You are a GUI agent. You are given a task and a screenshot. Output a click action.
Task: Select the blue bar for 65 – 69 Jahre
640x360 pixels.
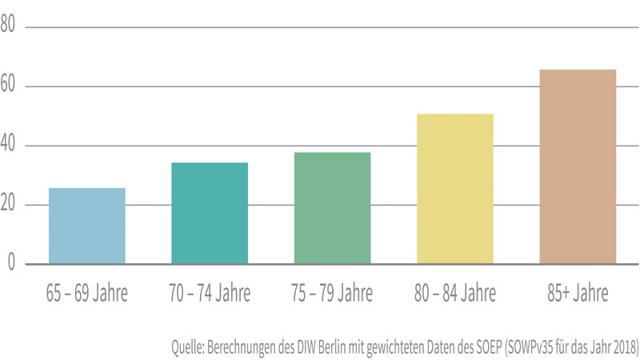[86, 226]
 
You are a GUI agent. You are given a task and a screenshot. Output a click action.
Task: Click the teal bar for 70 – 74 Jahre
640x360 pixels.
[210, 214]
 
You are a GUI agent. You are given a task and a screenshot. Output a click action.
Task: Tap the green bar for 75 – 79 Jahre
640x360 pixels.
[332, 208]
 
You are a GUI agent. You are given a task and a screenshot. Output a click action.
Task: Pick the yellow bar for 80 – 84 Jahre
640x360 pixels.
[455, 189]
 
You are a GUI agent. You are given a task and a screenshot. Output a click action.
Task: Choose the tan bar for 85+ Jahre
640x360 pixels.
[578, 166]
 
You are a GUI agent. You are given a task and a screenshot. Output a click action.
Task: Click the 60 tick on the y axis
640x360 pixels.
[9, 85]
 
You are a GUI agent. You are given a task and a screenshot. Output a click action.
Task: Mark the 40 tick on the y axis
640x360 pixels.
[9, 145]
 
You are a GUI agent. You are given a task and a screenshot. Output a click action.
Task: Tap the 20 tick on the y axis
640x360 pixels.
[9, 204]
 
